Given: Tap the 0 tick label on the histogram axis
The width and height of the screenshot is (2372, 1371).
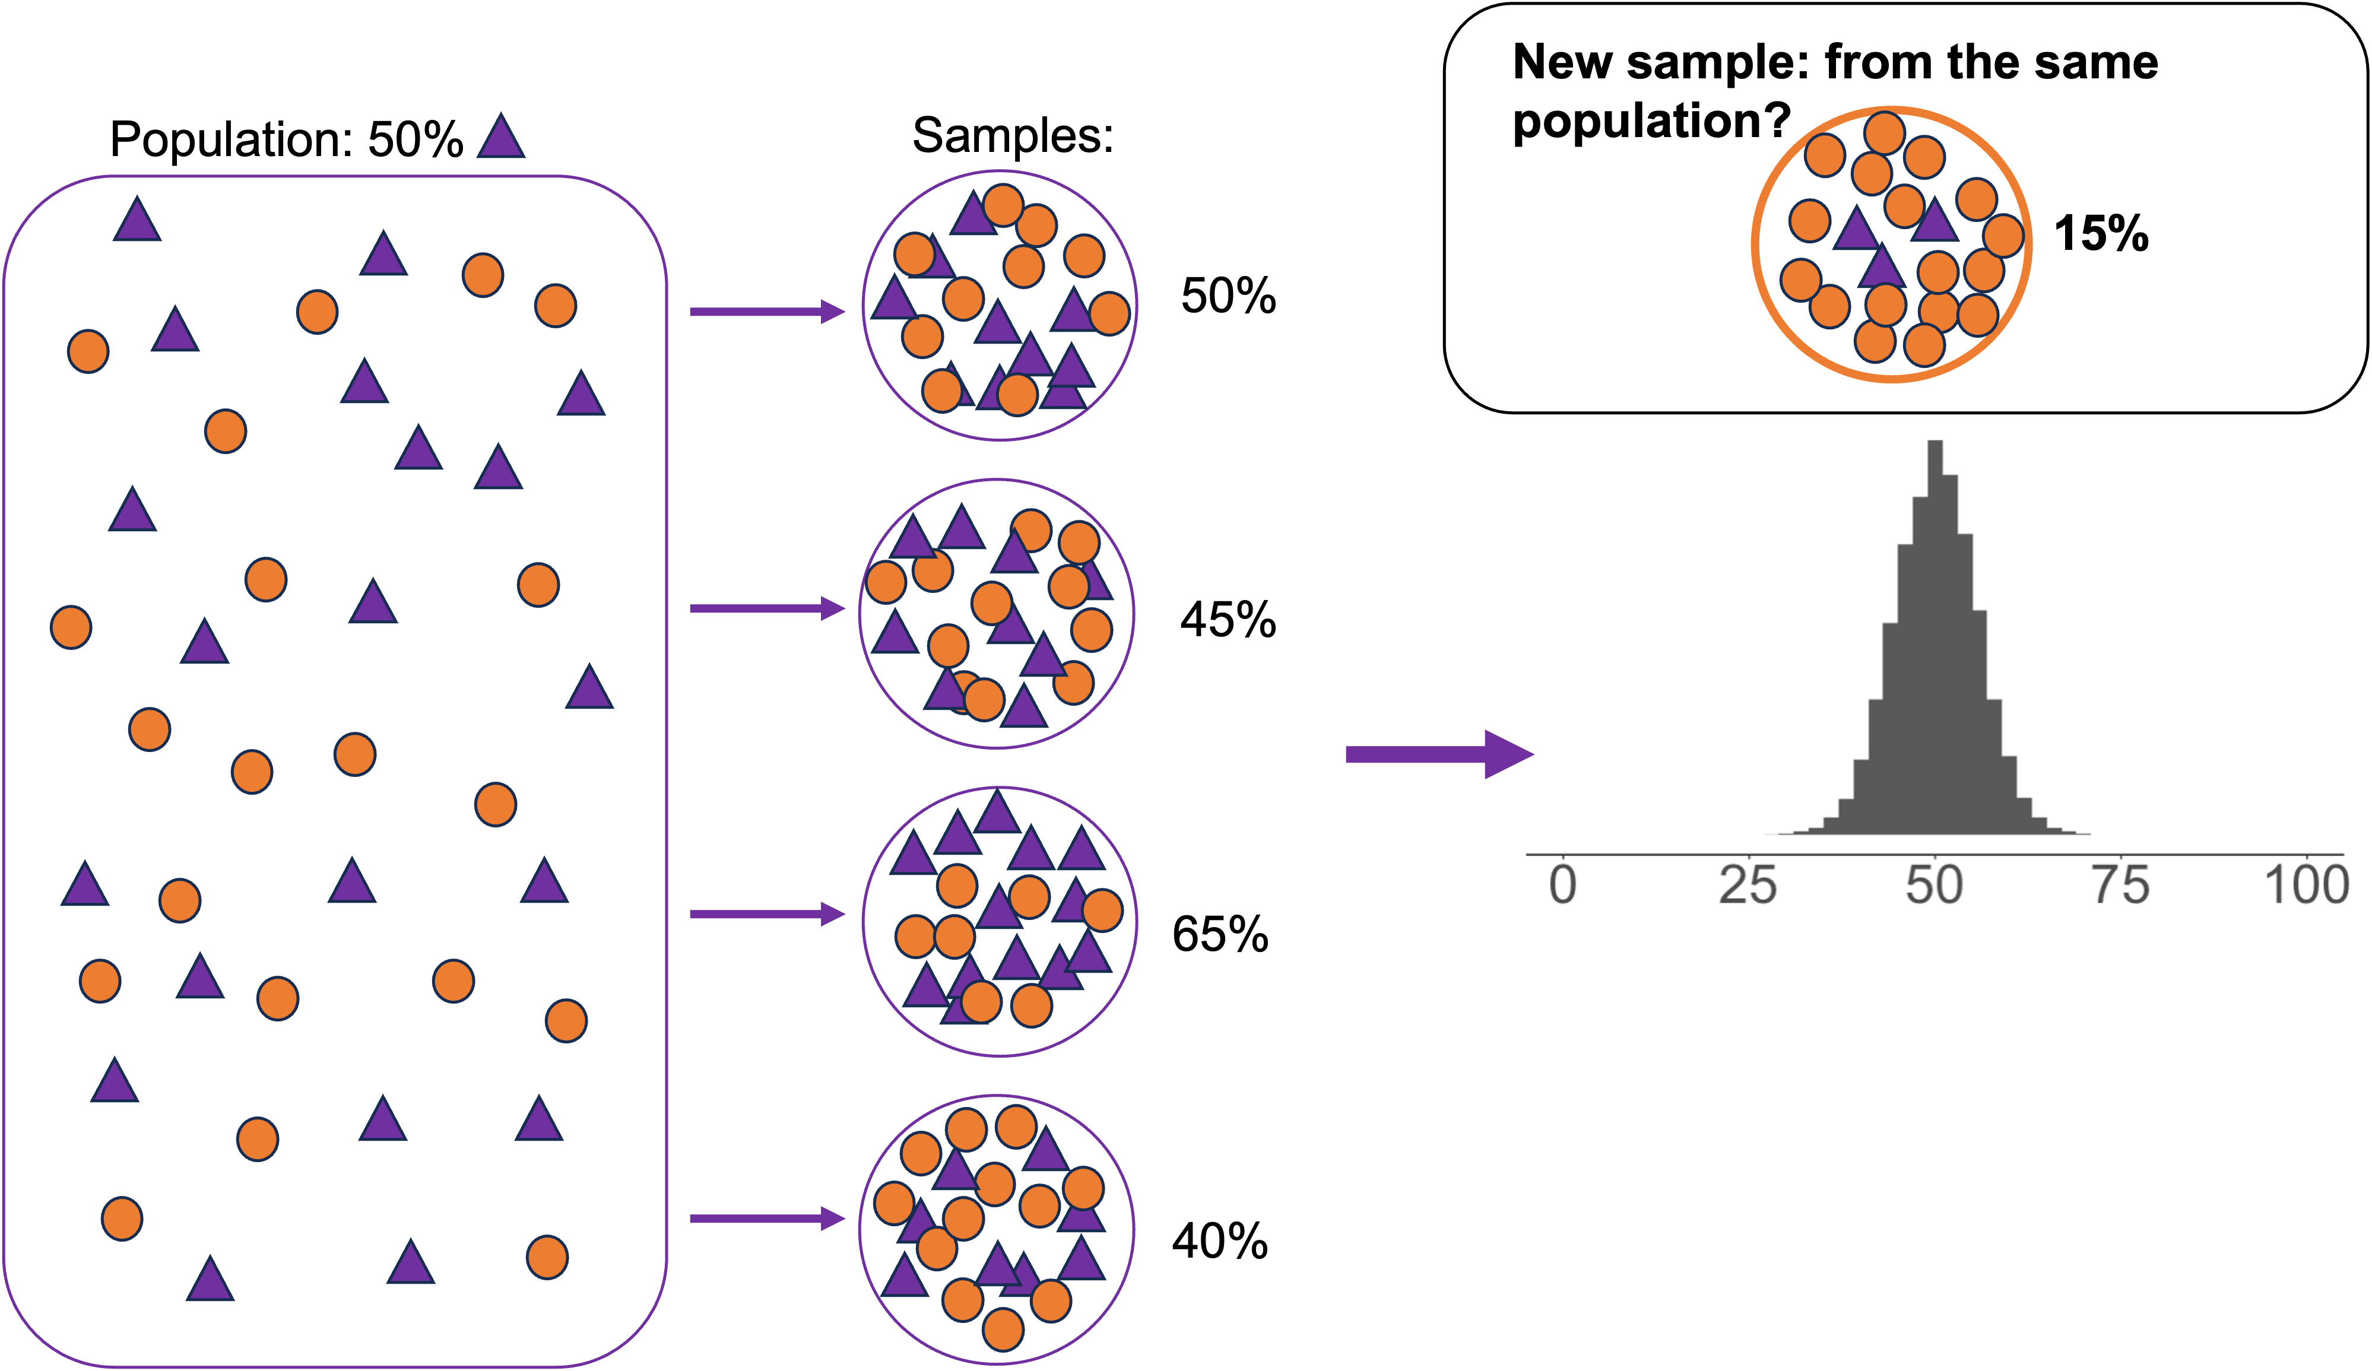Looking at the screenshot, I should pos(1562,886).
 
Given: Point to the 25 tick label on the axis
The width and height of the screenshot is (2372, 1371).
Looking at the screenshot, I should pos(1748,886).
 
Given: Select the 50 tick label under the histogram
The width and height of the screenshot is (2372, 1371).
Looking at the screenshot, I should pos(1935,886).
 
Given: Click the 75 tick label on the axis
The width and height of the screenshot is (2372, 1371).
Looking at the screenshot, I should pos(2121,886).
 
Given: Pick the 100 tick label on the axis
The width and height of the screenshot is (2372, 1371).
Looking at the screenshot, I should pos(2306,886).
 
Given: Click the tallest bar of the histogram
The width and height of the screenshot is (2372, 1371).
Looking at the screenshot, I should pos(1935,640).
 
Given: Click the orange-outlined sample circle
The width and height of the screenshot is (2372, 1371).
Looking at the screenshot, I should pos(1892,245).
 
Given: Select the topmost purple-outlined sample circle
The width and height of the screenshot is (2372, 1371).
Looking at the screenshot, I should pos(1000,305).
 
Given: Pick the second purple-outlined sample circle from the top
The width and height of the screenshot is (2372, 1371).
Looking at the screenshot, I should pos(997,614).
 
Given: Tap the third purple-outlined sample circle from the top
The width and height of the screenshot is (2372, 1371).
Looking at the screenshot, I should pos(1000,921).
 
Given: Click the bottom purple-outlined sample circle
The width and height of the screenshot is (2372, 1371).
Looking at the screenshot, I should pos(997,1229).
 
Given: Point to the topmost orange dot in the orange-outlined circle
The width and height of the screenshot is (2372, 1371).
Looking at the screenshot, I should pos(1885,133).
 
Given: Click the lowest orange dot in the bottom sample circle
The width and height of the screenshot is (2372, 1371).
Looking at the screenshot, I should pos(1003,1329).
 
